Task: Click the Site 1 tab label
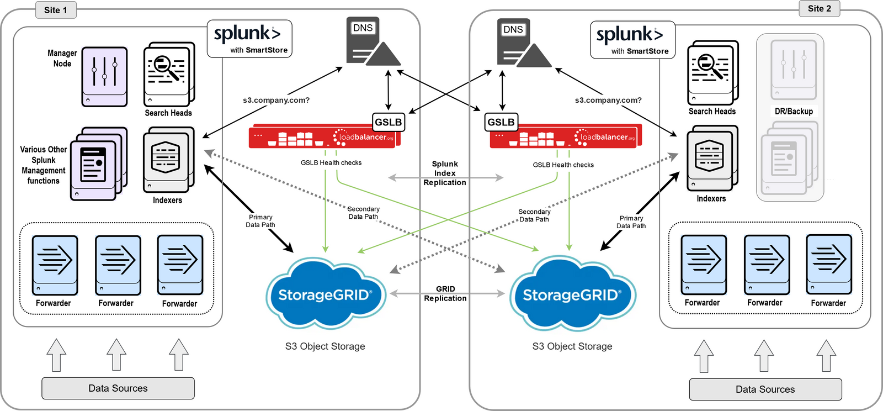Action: click(55, 10)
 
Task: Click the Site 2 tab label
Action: click(819, 8)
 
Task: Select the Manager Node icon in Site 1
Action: click(105, 76)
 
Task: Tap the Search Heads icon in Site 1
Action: click(168, 74)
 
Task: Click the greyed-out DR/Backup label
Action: click(794, 111)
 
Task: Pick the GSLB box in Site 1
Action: click(389, 122)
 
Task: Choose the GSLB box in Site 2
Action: click(501, 122)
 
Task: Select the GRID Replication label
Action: click(445, 293)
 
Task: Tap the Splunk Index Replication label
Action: click(445, 173)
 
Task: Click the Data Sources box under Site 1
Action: click(118, 388)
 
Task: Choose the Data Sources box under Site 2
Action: click(765, 389)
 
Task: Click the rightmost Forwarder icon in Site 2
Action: click(829, 264)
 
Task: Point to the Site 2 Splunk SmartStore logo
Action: click(632, 40)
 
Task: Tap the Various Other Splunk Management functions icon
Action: click(98, 164)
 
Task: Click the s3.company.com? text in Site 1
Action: click(276, 100)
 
